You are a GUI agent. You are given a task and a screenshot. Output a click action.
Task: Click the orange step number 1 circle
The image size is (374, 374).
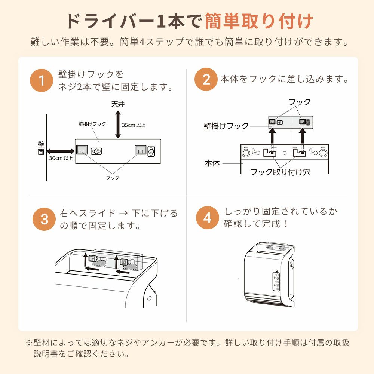point(42,80)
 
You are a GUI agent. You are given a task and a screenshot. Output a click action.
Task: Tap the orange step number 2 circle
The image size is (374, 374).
point(206,79)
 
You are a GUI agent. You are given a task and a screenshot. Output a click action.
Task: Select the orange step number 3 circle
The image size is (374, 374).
point(44,219)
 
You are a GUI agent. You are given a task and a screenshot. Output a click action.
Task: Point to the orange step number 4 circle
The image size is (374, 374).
point(208,218)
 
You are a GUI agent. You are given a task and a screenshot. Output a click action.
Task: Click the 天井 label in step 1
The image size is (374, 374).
point(118,104)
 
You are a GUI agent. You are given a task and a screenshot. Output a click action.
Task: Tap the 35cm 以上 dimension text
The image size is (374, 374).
point(134,125)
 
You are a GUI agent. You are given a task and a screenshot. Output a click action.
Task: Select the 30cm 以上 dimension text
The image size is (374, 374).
point(61,158)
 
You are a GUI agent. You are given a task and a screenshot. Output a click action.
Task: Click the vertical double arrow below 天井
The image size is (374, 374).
point(118,125)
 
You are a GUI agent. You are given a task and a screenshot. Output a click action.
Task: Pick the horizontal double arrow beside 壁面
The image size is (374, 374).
point(61,151)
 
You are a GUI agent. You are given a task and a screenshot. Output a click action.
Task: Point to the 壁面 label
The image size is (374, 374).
point(41,148)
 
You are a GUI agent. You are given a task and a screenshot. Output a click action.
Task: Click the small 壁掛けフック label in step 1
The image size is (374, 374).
point(92,124)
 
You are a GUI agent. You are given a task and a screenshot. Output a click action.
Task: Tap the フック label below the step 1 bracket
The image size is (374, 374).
point(113,177)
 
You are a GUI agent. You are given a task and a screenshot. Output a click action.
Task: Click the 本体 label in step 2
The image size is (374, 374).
point(212,163)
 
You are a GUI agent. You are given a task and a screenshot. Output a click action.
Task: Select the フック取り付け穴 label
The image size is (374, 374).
point(280,172)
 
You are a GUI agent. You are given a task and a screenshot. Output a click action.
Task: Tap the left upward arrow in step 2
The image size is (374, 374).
point(272,136)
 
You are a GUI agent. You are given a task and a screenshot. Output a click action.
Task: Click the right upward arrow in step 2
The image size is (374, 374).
point(303,136)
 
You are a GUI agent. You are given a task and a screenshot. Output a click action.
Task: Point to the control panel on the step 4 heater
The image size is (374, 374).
point(276,282)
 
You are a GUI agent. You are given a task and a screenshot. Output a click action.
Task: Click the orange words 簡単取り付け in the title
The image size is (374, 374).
point(259,21)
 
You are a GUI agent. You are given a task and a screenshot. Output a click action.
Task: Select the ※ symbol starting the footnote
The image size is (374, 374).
point(29,343)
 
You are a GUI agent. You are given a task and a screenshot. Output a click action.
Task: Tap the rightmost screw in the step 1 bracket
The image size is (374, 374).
point(151,151)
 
